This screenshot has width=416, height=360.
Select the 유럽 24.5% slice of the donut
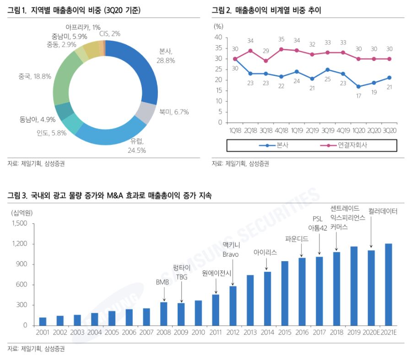pos(112,133)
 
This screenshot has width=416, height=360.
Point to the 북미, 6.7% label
pos(174,112)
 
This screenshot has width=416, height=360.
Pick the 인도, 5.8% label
pos(52,133)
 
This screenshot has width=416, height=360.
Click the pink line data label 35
pos(281,39)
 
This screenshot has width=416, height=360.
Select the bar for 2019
pos(354,286)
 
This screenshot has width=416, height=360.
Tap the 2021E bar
pos(389,284)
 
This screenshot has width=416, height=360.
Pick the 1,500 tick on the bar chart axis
pos(19,223)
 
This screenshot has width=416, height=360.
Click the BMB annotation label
pos(162,282)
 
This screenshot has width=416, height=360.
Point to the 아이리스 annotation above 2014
pos(265,252)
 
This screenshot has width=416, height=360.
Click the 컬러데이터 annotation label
pos(383,211)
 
